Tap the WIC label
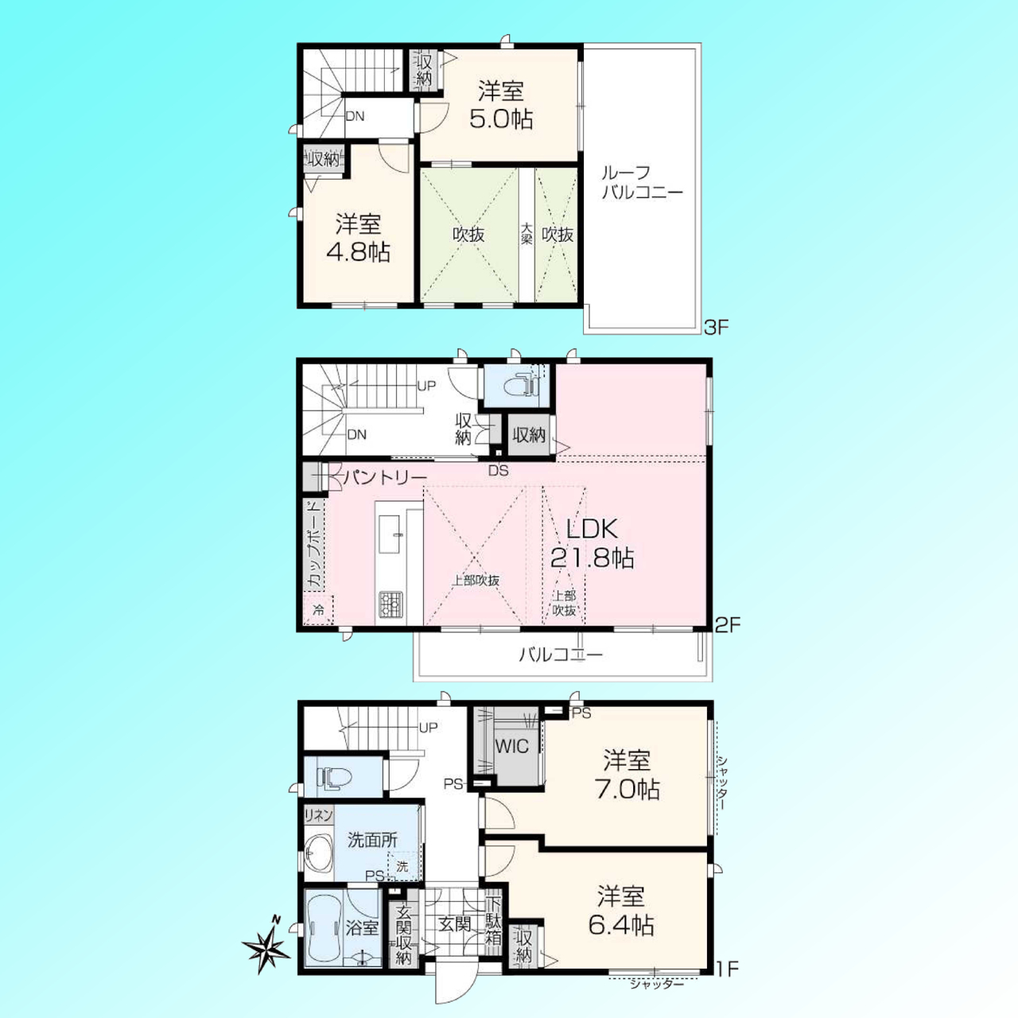point(511,747)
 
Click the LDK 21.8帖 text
point(592,543)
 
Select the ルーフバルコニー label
point(643,182)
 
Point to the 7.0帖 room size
point(628,790)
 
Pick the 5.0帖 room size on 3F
point(501,119)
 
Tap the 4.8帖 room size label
point(358,253)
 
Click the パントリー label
point(385,478)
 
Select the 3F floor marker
point(716,328)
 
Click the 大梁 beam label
point(526,234)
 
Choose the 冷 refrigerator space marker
point(319,611)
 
